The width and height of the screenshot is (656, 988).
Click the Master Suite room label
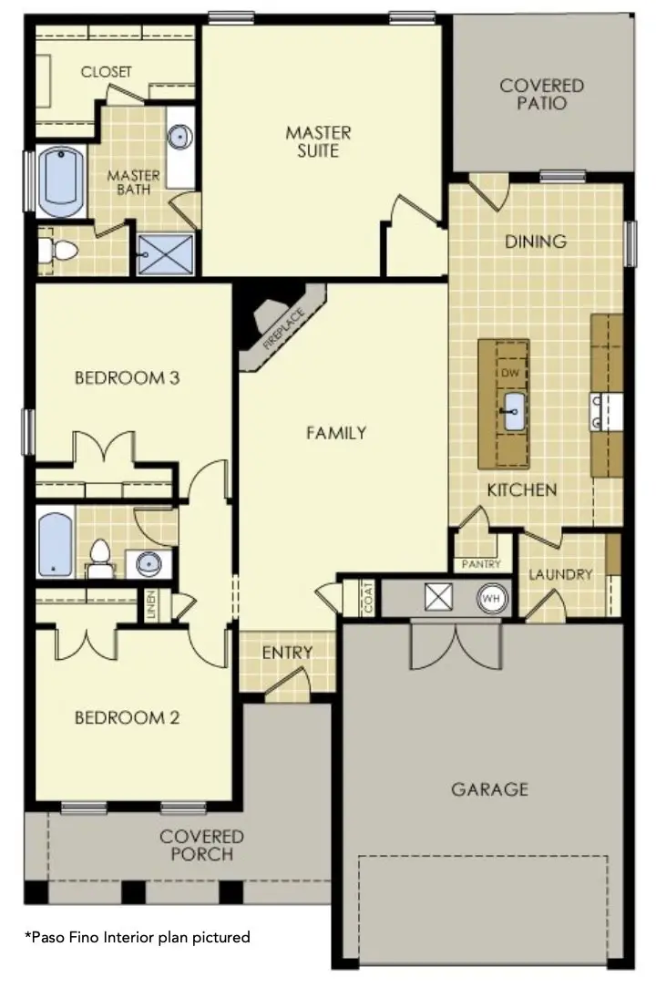point(318,141)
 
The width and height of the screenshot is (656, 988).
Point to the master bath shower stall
point(165,253)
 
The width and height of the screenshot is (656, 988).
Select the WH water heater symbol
point(491,600)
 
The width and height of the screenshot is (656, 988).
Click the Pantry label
point(481,565)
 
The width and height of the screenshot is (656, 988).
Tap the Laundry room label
point(560,575)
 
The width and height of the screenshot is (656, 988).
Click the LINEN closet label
point(151,605)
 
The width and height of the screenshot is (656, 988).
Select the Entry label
point(287,653)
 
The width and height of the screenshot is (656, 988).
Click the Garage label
point(489,788)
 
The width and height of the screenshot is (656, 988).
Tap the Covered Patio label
point(541,94)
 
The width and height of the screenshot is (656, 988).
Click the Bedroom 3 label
point(126,377)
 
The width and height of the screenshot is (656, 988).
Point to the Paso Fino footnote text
point(137,936)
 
